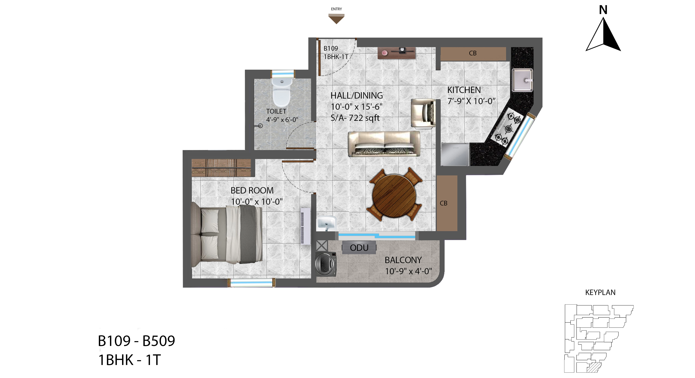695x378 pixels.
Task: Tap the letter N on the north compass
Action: point(603,10)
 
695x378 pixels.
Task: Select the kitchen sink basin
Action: point(522,80)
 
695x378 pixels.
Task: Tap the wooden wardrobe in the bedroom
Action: point(221,168)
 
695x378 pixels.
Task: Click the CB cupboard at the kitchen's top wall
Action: point(473,54)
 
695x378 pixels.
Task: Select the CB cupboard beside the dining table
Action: point(447,203)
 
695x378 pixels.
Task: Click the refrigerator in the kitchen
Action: point(455,154)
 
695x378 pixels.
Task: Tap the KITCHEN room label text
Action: point(464,90)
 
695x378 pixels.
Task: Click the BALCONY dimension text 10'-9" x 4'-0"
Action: point(408,271)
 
